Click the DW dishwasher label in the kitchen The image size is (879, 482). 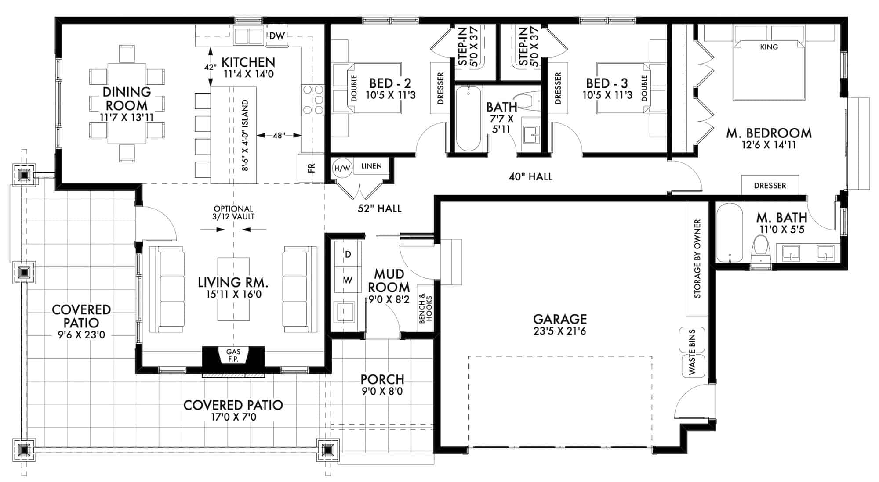pyautogui.click(x=277, y=36)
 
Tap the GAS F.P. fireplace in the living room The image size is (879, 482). pyautogui.click(x=233, y=355)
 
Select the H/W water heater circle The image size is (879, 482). pyautogui.click(x=342, y=168)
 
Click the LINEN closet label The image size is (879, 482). pyautogui.click(x=371, y=166)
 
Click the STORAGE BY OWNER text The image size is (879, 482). pyautogui.click(x=697, y=259)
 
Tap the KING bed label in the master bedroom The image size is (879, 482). pyautogui.click(x=769, y=47)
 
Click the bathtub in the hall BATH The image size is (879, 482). pyautogui.click(x=469, y=119)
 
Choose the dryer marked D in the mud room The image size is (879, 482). pyautogui.click(x=348, y=255)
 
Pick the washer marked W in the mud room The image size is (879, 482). pyautogui.click(x=348, y=280)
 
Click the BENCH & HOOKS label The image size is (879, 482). pyautogui.click(x=425, y=309)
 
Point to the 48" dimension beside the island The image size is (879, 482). pyautogui.click(x=279, y=136)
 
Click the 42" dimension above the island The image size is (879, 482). pyautogui.click(x=210, y=67)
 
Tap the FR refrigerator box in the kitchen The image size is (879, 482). pyautogui.click(x=311, y=168)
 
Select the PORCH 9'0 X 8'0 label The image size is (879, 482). pyautogui.click(x=382, y=385)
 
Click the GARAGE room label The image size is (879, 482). pyautogui.click(x=559, y=324)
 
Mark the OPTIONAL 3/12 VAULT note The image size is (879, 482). pyautogui.click(x=233, y=212)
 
